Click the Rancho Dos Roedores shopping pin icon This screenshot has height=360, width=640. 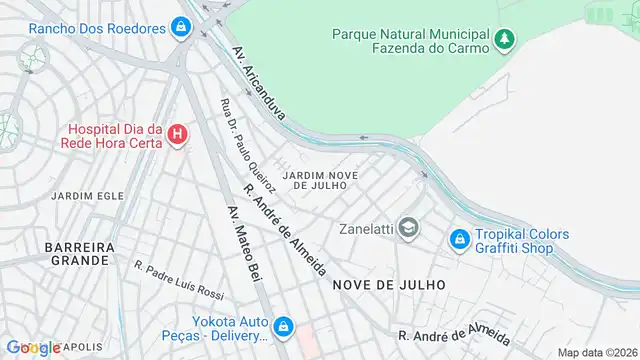point(180,27)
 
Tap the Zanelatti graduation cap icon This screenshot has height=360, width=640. point(408,228)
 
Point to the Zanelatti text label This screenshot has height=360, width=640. point(366,228)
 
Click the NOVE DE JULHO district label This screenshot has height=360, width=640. point(396,284)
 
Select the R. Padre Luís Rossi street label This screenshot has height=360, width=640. point(179,279)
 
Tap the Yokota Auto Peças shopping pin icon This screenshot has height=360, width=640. point(284,326)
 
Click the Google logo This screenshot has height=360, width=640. point(33,347)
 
